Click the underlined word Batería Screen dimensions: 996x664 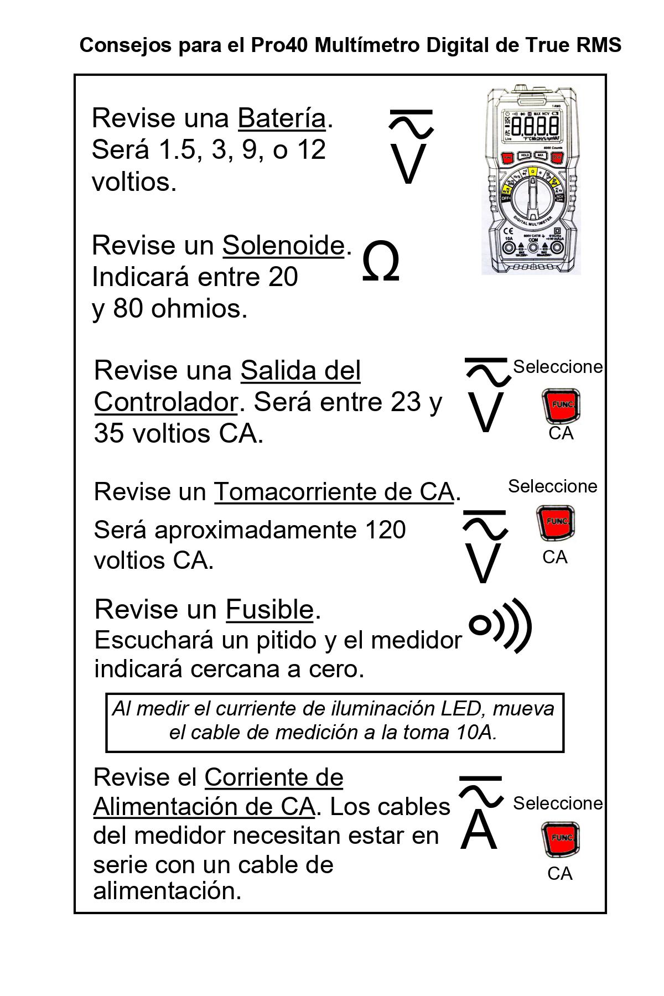point(282,118)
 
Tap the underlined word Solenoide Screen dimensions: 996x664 point(283,245)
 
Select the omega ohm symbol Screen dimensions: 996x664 point(381,263)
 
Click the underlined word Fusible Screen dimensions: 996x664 point(269,610)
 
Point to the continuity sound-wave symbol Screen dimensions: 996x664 point(500,626)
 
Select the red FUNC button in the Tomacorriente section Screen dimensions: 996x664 point(556,523)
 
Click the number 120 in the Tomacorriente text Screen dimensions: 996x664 point(385,530)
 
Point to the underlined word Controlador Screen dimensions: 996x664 point(165,402)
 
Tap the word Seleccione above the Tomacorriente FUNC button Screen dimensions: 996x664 point(553,486)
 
